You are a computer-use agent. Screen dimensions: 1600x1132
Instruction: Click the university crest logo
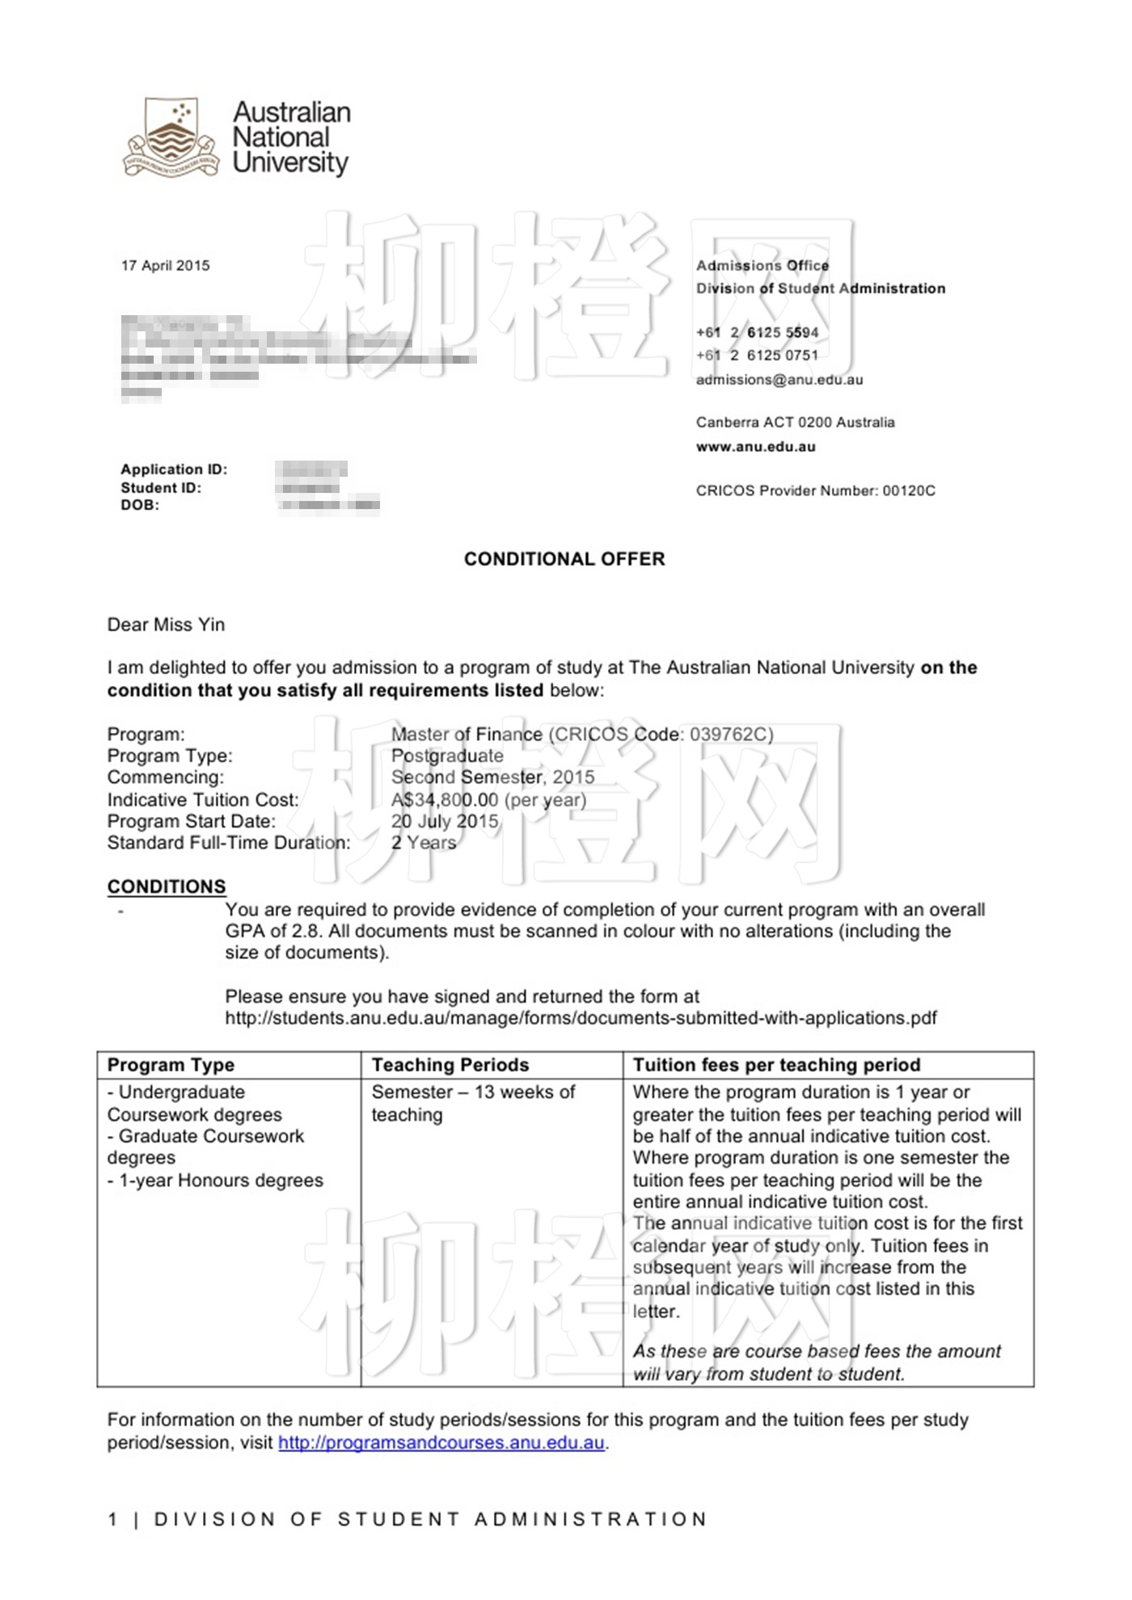[171, 137]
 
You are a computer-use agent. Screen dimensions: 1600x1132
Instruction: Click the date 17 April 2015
[165, 266]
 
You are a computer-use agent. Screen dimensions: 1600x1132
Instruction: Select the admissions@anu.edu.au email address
[779, 380]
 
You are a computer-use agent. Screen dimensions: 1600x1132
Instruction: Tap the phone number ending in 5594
[758, 332]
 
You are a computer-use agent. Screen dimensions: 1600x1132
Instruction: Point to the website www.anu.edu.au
[755, 447]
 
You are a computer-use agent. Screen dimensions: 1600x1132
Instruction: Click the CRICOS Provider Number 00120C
[815, 491]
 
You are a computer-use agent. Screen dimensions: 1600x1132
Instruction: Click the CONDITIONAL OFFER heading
[564, 559]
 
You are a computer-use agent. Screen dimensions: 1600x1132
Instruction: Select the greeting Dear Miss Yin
[166, 625]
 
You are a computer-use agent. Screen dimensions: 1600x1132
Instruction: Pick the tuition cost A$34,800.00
[445, 800]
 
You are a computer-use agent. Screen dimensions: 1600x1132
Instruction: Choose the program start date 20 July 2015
[445, 821]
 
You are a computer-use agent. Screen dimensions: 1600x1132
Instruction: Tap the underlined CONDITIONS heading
[167, 886]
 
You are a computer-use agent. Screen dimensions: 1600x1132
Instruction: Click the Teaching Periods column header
[450, 1065]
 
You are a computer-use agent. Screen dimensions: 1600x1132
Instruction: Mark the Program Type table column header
[171, 1065]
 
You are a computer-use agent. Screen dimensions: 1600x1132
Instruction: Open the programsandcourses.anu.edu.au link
[441, 1442]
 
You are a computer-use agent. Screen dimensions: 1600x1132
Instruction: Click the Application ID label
[174, 469]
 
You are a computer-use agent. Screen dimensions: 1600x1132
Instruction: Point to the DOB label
[140, 505]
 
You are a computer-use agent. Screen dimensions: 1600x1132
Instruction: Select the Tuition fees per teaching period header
[776, 1065]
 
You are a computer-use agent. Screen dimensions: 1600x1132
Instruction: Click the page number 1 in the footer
[113, 1519]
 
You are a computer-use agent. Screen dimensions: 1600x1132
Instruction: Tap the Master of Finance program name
[467, 735]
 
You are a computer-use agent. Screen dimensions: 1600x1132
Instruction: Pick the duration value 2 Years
[424, 843]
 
